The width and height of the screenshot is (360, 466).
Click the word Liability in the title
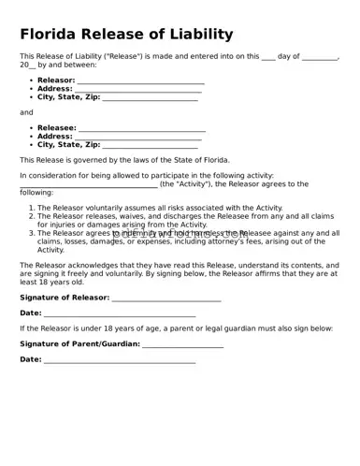click(x=197, y=35)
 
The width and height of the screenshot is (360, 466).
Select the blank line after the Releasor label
click(x=140, y=81)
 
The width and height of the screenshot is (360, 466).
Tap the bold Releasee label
click(x=56, y=127)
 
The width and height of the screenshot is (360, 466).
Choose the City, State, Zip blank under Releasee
click(x=150, y=146)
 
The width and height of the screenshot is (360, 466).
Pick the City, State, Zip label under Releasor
click(x=68, y=98)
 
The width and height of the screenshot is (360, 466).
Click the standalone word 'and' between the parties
click(x=26, y=112)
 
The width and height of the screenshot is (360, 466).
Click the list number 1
click(x=31, y=208)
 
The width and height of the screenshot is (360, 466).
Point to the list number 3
click(x=31, y=233)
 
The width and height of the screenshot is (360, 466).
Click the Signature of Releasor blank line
click(x=166, y=299)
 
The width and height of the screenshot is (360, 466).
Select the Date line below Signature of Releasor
click(x=120, y=313)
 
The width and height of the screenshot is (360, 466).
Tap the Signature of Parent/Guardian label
click(x=79, y=344)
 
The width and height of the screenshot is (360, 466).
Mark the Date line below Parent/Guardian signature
click(x=120, y=360)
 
